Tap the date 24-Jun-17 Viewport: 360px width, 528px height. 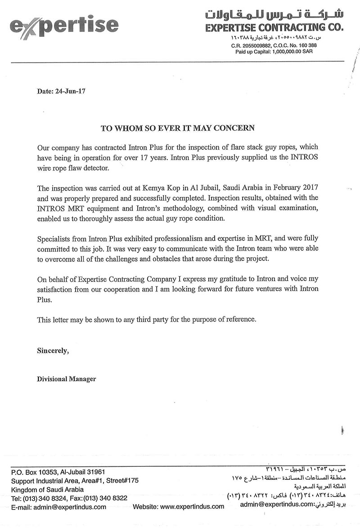click(71, 91)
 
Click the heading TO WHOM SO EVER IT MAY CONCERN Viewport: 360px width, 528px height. click(177, 129)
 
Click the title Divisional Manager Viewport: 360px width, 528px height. click(66, 379)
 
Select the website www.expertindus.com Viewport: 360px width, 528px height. click(192, 506)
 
